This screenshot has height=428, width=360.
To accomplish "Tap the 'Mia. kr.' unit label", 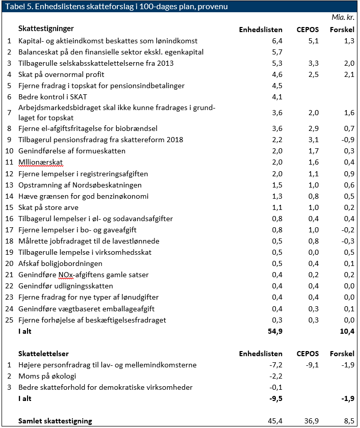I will click(343, 17).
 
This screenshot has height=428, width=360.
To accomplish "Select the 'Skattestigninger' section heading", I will click(46, 29).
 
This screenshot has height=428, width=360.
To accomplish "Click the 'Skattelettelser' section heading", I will click(43, 354).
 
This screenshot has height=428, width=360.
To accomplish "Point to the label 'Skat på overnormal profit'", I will click(62, 74).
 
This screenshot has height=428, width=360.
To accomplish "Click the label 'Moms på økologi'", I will click(47, 376).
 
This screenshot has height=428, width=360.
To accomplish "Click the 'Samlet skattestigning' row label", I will click(55, 421).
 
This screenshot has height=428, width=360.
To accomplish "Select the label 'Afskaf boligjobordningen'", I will click(60, 263).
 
